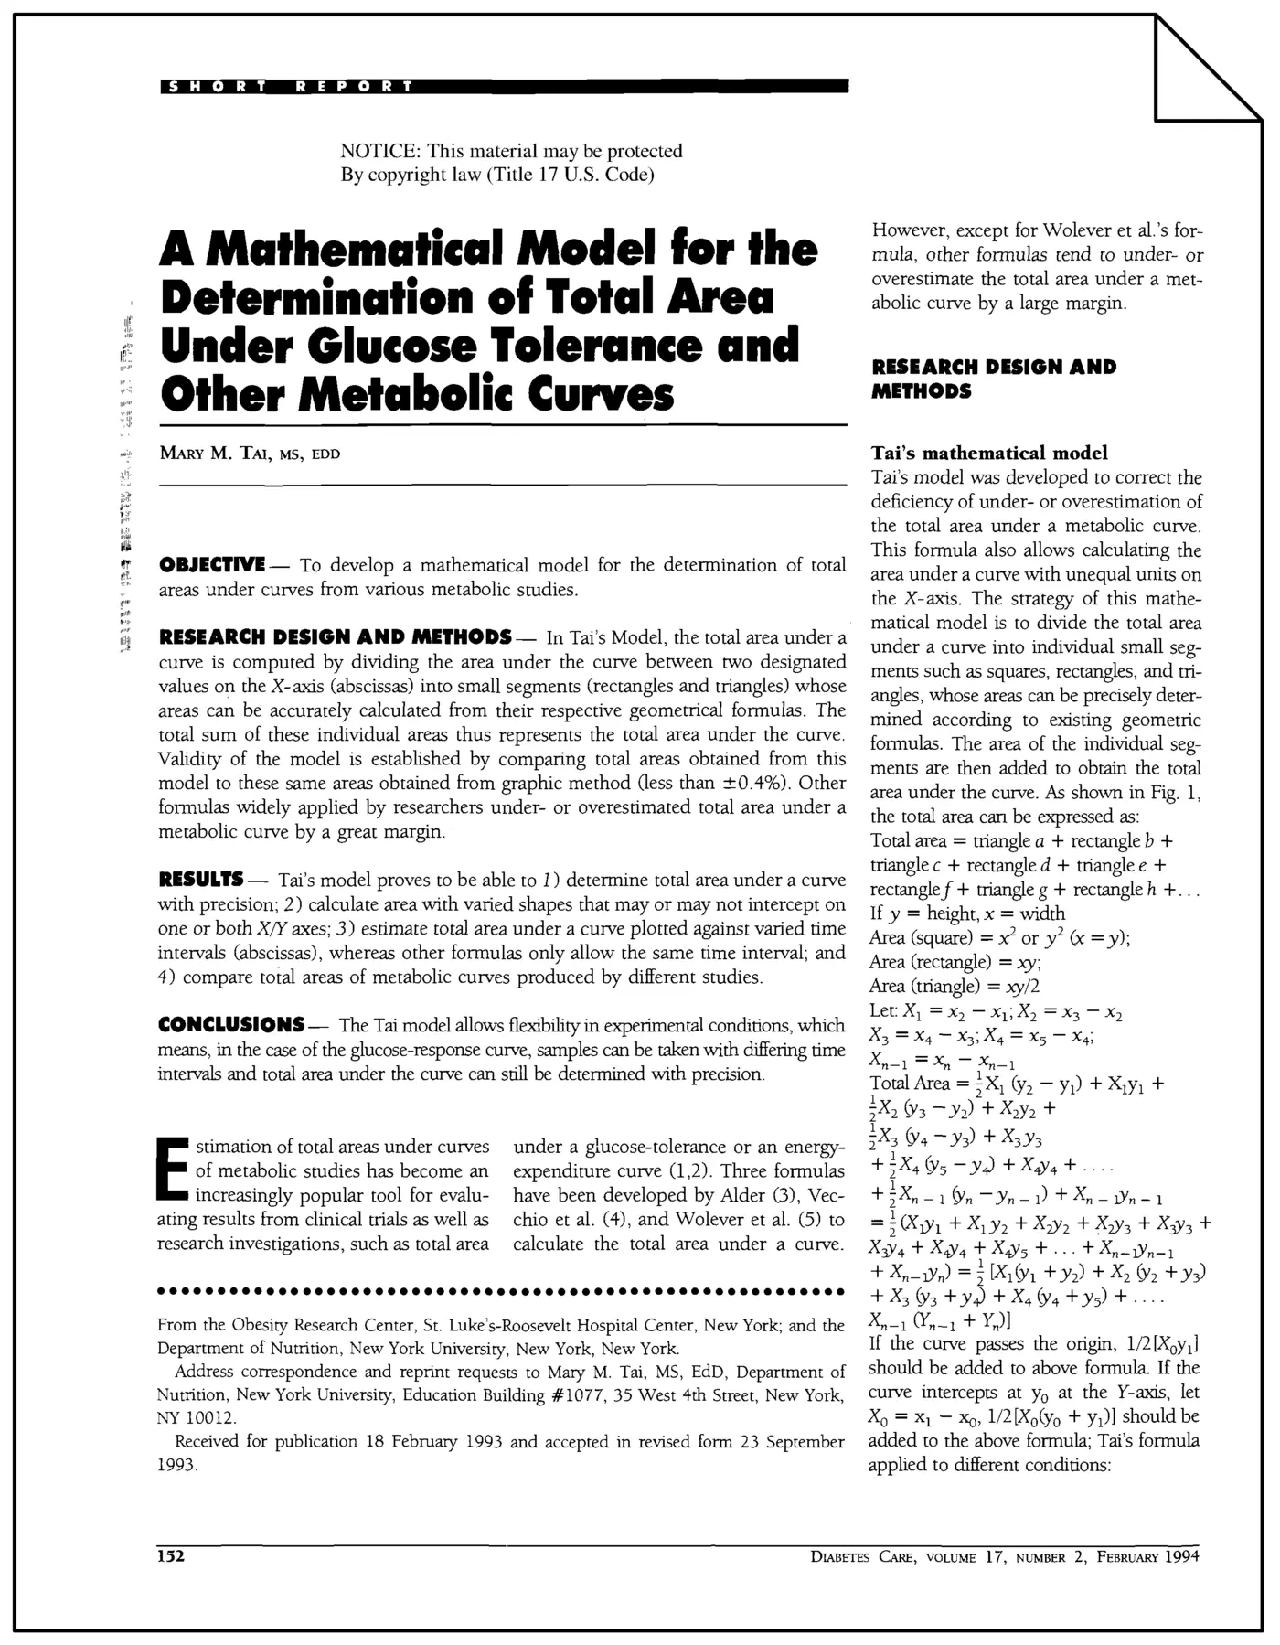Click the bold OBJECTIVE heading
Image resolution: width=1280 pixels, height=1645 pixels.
(x=212, y=564)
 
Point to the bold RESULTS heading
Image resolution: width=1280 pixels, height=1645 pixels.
(x=200, y=880)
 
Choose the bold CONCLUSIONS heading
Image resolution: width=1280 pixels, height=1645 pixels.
(x=231, y=1024)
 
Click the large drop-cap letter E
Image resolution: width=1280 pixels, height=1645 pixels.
(x=172, y=1170)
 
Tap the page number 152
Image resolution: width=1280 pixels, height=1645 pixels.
(x=171, y=1557)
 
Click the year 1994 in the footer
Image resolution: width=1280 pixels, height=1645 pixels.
(x=1181, y=1557)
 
